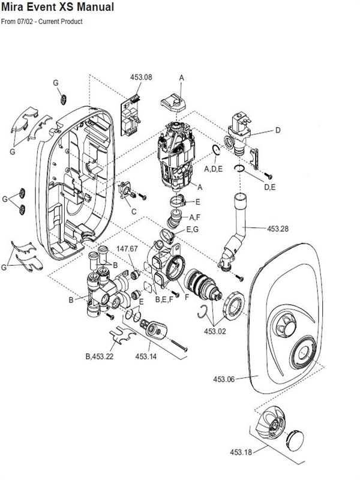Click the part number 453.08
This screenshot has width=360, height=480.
141,77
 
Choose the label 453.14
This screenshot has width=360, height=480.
146,356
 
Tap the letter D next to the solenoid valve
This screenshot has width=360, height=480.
278,130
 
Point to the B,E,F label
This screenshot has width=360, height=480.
164,298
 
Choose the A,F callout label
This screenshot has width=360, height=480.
194,216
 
